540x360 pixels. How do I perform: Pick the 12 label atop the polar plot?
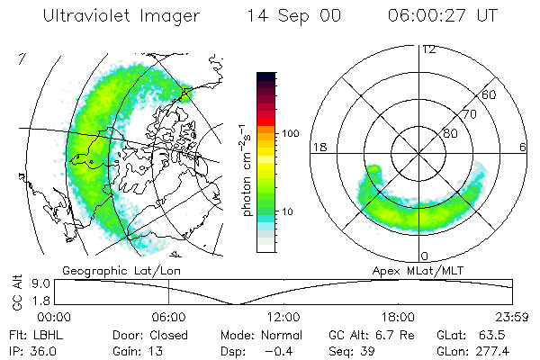tap(428, 49)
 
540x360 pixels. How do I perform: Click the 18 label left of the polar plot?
tap(317, 147)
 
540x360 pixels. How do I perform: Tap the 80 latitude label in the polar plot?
tap(450, 133)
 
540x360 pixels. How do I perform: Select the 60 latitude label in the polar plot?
tap(490, 94)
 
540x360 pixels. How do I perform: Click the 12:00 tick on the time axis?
tap(283, 317)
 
